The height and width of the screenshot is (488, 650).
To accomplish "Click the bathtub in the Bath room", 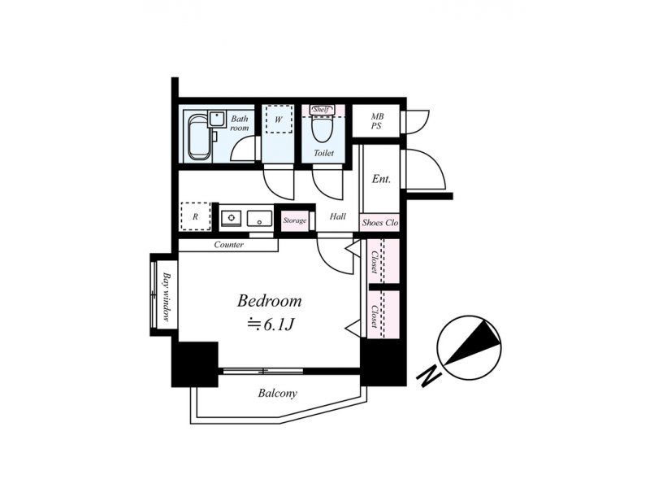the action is point(199,137).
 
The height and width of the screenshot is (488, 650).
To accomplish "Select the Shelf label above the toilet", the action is point(321,110).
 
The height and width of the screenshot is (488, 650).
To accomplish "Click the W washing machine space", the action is point(279,120).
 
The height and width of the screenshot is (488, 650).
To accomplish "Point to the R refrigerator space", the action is point(195,216).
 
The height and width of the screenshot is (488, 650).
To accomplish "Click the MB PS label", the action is point(377,121).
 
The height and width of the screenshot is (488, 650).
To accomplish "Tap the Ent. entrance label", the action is point(381,179).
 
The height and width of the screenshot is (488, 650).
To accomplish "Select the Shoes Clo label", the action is point(379,223).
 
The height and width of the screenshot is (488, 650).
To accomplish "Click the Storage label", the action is point(295,220).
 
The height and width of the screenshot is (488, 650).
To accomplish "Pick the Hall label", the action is point(338,216).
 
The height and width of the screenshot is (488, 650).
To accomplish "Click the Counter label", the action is point(229,245).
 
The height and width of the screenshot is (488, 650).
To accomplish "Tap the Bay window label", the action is point(167,297).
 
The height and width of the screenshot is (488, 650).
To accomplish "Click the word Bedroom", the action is point(270,301).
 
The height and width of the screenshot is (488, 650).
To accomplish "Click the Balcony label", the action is point(277,393).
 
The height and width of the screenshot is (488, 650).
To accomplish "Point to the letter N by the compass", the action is point(430,376).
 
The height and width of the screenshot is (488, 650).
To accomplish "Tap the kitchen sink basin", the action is point(259,218).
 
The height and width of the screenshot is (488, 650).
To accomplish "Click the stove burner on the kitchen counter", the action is point(231,217).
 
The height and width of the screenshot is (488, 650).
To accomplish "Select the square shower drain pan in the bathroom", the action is point(216,119).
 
